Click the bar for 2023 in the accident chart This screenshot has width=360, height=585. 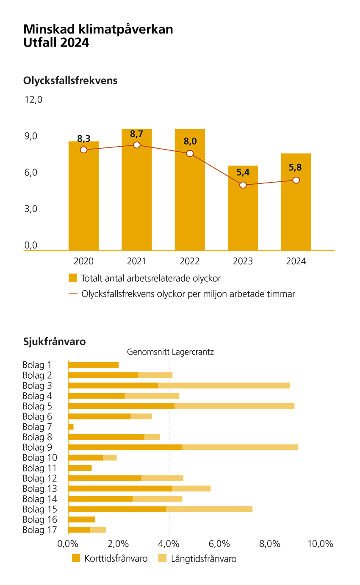[243, 208]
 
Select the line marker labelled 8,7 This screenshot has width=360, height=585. [137, 145]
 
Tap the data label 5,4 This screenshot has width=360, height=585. [243, 172]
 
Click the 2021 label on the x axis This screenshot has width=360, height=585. [137, 261]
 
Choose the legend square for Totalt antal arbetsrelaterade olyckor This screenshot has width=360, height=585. [73, 278]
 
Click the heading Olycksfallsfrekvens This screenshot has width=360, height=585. [70, 80]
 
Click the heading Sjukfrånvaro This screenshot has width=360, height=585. [55, 341]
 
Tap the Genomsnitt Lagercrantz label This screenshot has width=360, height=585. [170, 352]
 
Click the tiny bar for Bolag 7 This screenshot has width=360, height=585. [71, 427]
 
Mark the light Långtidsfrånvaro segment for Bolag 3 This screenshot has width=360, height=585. [224, 385]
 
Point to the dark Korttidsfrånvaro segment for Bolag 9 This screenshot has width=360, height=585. [125, 447]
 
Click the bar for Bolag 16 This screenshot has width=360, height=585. [82, 519]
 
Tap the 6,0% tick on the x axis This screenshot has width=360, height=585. [219, 544]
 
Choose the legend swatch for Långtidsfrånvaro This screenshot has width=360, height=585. [162, 558]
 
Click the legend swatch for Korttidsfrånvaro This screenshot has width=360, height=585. [76, 558]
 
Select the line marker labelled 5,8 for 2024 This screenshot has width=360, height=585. [296, 180]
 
